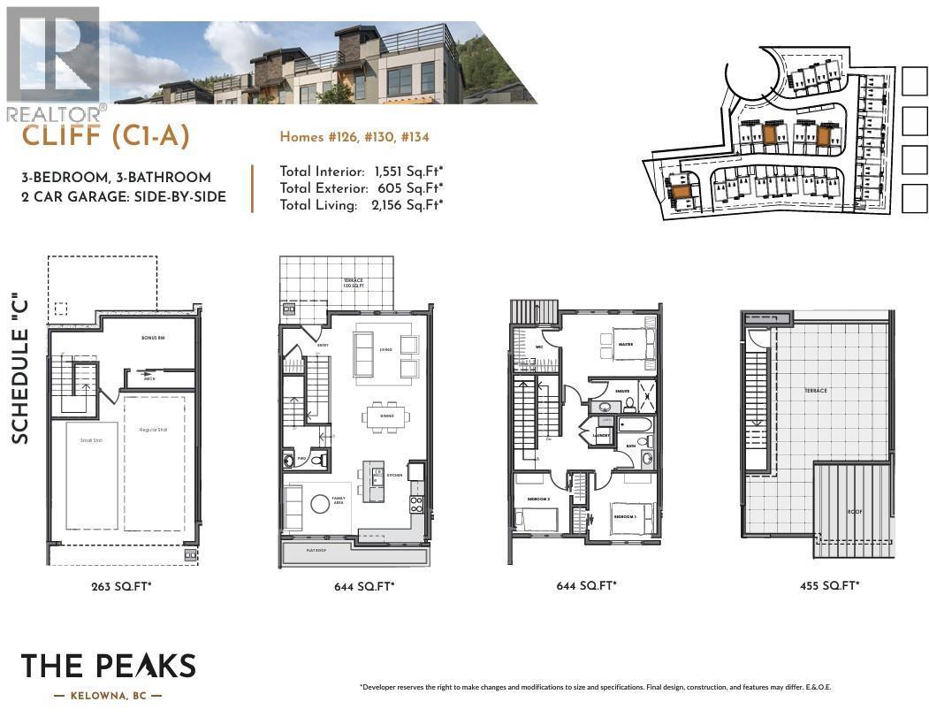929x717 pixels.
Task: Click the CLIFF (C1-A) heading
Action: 105,136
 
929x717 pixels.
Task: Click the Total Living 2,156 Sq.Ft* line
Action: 362,205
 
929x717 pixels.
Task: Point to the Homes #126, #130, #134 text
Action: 354,137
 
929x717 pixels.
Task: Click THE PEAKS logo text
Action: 108,667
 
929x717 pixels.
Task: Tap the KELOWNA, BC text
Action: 108,697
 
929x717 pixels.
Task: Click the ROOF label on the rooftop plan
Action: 855,510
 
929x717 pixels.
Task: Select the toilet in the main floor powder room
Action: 316,461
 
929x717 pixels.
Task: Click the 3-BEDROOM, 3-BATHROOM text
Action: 116,178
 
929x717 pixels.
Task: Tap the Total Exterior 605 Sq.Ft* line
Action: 362,188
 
